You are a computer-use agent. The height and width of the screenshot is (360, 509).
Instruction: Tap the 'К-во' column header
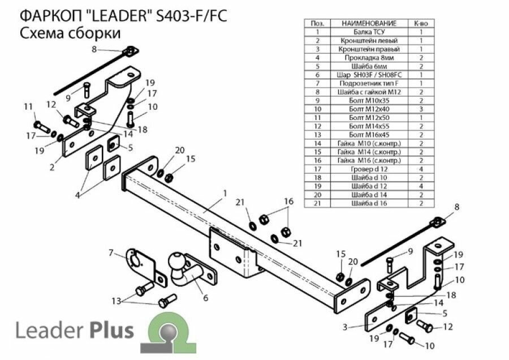pyautogui.click(x=421, y=24)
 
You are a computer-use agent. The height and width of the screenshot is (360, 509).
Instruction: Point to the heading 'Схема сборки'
pyautogui.click(x=70, y=33)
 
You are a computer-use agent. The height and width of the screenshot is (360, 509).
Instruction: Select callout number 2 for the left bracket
pyautogui.click(x=51, y=166)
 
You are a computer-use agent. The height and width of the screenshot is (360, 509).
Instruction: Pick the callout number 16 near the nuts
pyautogui.click(x=289, y=201)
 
